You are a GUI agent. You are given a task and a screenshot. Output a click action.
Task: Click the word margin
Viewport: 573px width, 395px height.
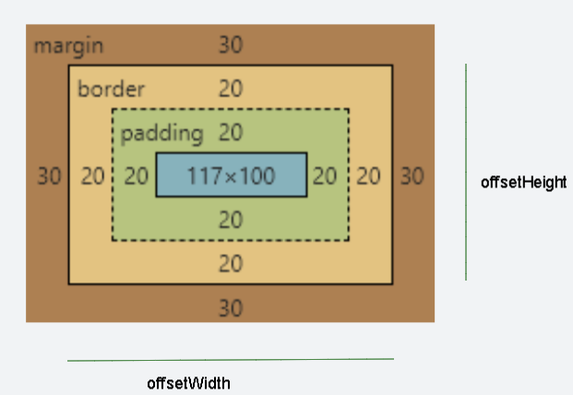click(x=69, y=46)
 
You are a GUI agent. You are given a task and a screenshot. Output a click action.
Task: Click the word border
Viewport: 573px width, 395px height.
click(x=111, y=90)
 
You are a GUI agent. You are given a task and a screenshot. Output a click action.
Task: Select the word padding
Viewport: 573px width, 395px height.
click(x=162, y=133)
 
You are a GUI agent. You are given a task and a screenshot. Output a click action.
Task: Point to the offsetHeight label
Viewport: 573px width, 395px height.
click(x=523, y=183)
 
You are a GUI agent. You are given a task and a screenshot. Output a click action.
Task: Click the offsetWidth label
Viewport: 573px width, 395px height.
click(x=188, y=383)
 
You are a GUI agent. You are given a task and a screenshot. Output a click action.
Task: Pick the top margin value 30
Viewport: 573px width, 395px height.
click(x=231, y=46)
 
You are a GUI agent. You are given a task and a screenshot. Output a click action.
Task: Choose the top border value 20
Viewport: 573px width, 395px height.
click(x=231, y=90)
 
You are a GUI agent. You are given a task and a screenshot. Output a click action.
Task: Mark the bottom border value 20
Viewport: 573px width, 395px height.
click(x=231, y=264)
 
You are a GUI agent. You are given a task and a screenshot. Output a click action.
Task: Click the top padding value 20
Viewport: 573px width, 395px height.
click(x=231, y=133)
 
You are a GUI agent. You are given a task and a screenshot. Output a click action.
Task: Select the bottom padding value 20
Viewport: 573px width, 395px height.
click(x=231, y=221)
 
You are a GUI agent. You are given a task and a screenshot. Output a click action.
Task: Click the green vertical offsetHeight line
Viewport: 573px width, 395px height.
click(x=466, y=172)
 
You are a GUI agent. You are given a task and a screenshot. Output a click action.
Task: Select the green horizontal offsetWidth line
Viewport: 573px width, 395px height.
click(x=231, y=359)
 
